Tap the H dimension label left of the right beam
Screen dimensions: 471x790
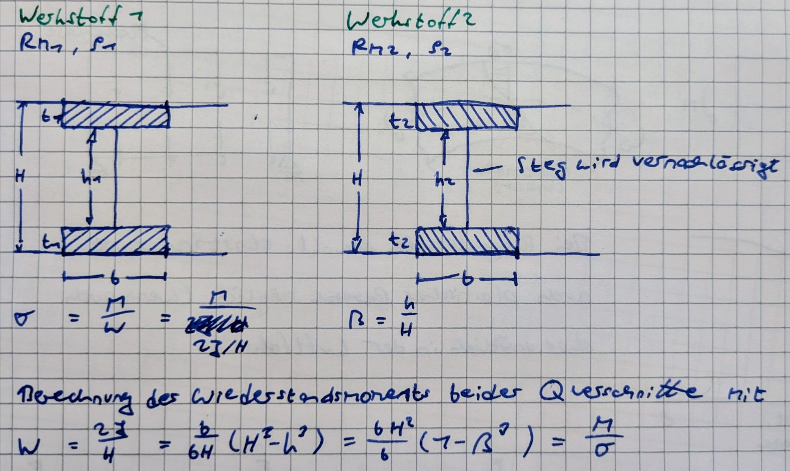(x=357, y=179)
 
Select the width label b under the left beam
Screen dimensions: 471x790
(x=114, y=278)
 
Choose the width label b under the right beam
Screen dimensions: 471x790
(x=466, y=280)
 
